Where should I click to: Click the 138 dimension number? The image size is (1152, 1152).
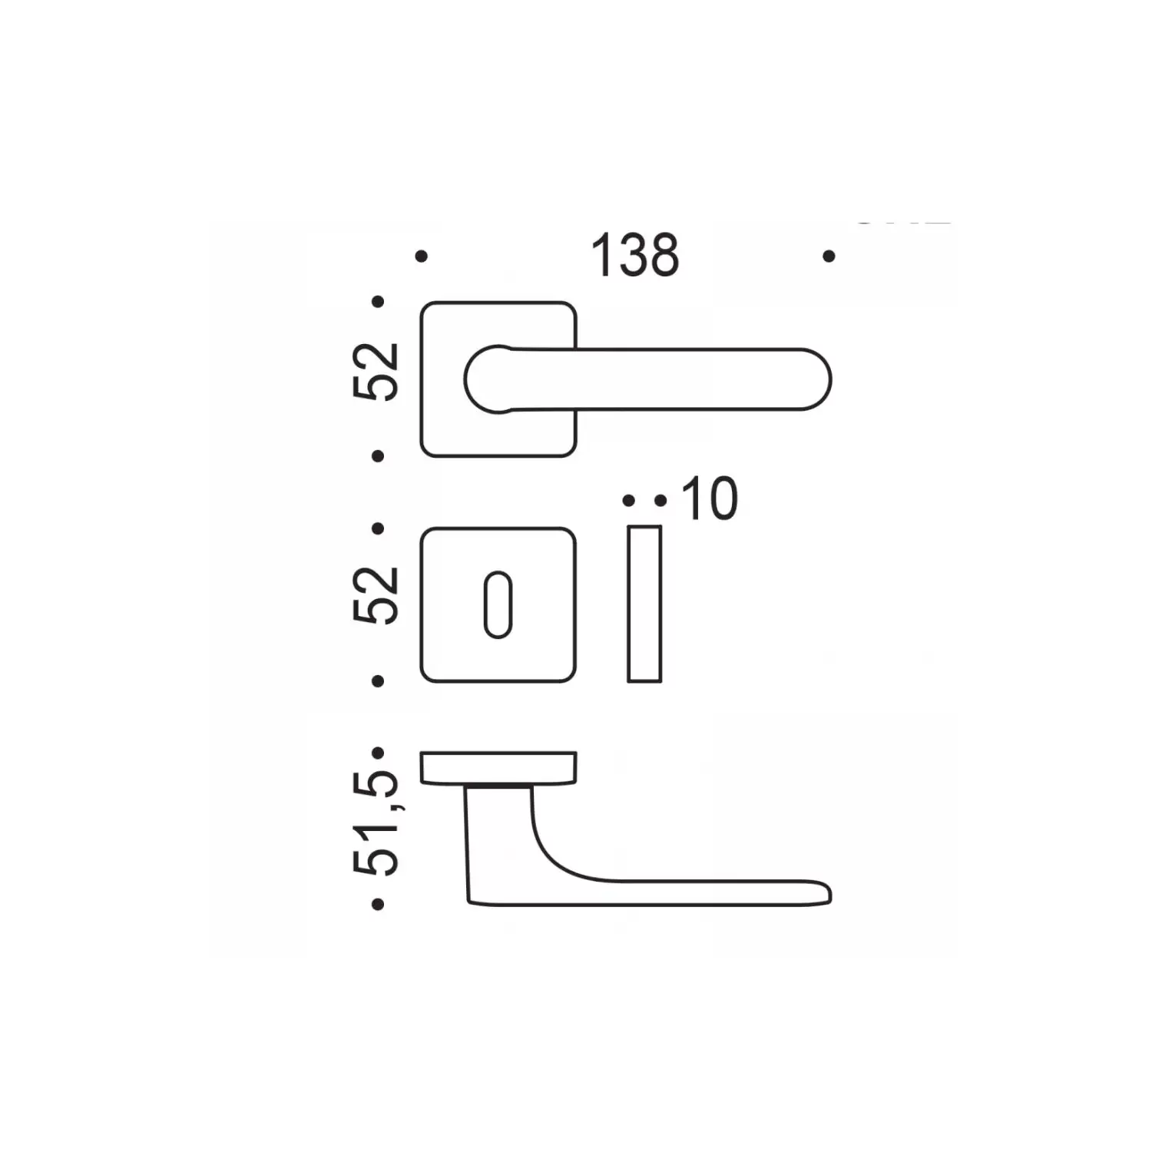pos(635,256)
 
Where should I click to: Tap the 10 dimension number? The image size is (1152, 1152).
pos(710,499)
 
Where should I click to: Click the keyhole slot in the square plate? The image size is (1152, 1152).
pos(498,604)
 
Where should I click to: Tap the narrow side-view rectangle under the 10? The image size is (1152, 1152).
pos(644,604)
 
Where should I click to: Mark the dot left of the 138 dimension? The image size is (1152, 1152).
pos(421,257)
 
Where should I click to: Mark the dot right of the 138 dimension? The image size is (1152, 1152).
pos(829,256)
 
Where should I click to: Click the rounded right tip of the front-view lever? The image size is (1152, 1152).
pos(830,379)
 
